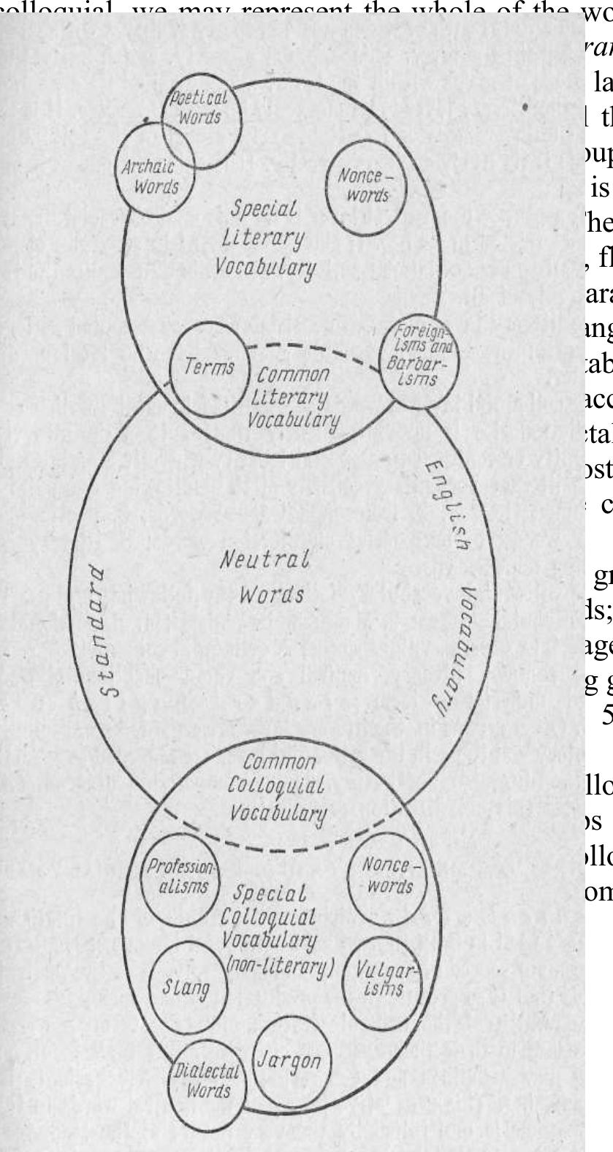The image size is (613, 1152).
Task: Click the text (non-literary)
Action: coord(281,967)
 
